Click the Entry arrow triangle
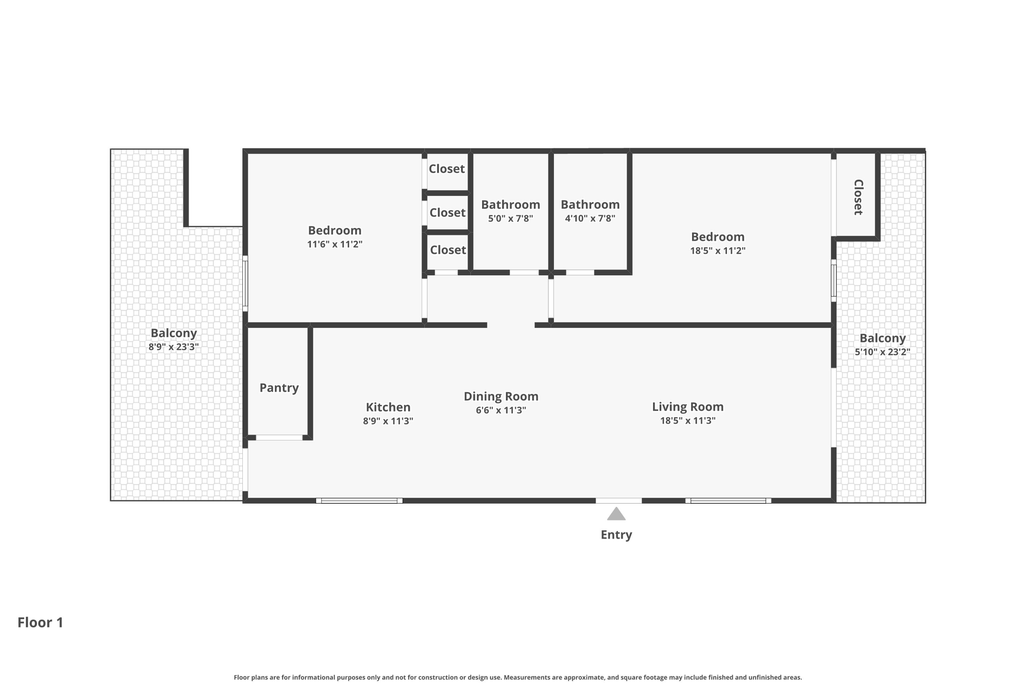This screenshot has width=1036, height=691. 616,514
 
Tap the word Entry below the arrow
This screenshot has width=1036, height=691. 616,535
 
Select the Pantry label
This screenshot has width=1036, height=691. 279,388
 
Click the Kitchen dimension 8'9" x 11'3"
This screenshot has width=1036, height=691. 388,421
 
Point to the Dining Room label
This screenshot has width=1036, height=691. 501,396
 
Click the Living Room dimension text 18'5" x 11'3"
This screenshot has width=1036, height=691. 687,420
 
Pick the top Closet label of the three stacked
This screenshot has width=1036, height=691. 447,169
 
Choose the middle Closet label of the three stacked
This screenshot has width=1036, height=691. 447,213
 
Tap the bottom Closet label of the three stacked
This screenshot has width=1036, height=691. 448,250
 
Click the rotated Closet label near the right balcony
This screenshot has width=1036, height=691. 858,197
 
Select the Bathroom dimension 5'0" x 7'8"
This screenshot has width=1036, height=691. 510,218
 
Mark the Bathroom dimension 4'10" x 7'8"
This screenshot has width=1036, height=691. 590,218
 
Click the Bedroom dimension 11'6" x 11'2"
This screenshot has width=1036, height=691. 334,244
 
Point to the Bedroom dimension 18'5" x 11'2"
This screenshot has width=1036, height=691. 717,250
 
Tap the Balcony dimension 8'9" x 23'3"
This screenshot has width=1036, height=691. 174,347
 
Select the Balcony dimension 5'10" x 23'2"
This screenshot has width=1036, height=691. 882,352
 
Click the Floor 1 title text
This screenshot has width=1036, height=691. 40,622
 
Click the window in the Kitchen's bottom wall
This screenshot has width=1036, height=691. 359,501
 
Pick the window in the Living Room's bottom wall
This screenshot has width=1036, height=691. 728,501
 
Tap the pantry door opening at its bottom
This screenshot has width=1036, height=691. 279,437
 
